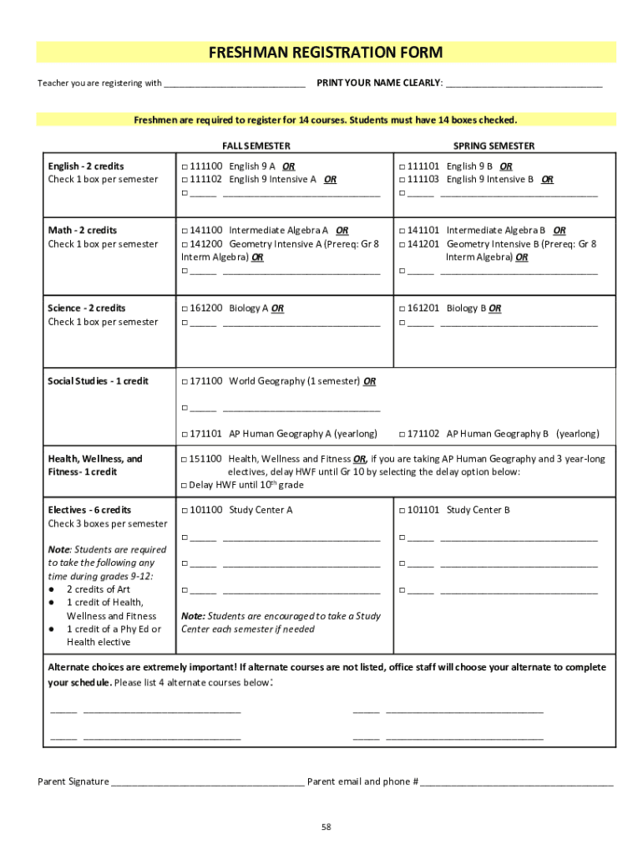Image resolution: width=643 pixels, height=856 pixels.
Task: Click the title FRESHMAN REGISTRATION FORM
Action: (x=326, y=53)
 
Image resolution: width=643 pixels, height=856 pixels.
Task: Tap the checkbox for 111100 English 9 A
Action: (x=185, y=166)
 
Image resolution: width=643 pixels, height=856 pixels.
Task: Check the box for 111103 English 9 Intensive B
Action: (x=402, y=180)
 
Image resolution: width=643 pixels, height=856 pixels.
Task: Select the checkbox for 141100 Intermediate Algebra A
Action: (x=185, y=231)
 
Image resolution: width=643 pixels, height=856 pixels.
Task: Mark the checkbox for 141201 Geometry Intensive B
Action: (x=402, y=244)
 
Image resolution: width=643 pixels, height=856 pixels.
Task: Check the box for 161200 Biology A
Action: (x=185, y=308)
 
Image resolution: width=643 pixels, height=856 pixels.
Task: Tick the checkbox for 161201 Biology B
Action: (x=402, y=308)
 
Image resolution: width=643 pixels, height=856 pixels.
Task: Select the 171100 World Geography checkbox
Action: (x=185, y=382)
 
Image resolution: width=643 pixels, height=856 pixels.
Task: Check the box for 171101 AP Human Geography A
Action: (x=185, y=434)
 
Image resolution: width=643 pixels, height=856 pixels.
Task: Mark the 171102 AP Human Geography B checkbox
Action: (x=402, y=434)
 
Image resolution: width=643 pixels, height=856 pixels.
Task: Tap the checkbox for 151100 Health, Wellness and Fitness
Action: (x=185, y=459)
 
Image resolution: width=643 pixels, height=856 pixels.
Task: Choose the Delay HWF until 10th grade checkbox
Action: (x=185, y=486)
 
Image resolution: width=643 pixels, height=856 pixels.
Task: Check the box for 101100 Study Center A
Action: (x=185, y=510)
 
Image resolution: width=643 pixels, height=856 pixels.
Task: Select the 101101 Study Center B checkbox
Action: (x=402, y=510)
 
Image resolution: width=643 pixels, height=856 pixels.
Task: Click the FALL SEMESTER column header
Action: (x=256, y=145)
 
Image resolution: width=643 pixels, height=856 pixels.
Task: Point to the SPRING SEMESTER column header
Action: (x=494, y=145)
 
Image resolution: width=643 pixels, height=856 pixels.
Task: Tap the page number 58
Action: (x=327, y=827)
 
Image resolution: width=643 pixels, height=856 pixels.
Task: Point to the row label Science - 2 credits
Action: (x=87, y=308)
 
